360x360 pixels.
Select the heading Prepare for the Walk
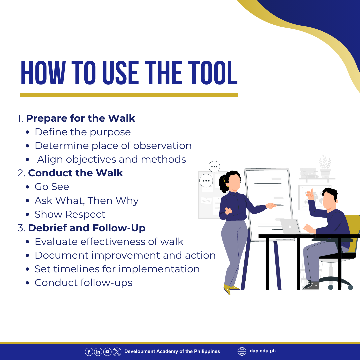click(x=81, y=118)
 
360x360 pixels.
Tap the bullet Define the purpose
click(x=83, y=132)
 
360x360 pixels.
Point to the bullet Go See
click(x=52, y=187)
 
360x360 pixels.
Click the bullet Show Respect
click(x=70, y=214)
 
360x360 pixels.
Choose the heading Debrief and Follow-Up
click(x=87, y=228)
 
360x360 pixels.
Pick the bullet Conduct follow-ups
click(x=84, y=283)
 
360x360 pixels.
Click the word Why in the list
click(x=127, y=201)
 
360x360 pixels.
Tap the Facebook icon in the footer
click(x=89, y=352)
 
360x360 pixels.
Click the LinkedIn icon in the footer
click(x=98, y=352)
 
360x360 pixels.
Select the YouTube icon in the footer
click(x=107, y=352)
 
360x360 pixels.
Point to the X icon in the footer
click(x=117, y=352)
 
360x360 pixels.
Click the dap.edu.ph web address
click(x=263, y=351)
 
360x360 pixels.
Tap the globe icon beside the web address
click(x=242, y=351)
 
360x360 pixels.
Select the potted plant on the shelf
click(x=325, y=167)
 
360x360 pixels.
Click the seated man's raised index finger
click(x=312, y=191)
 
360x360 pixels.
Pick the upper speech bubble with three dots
click(x=214, y=167)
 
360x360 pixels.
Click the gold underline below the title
click(x=129, y=95)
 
